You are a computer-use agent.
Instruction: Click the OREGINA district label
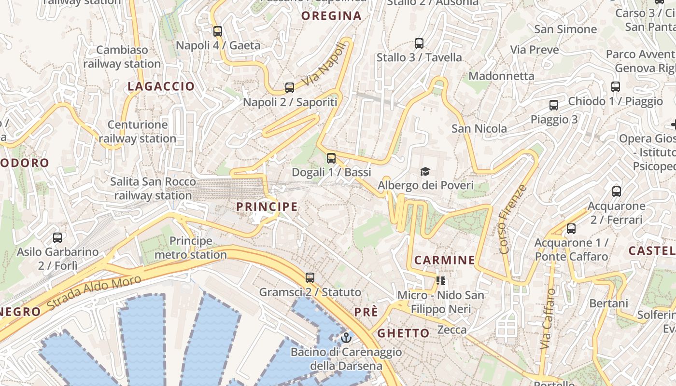(x=331, y=16)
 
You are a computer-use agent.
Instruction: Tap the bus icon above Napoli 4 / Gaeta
(x=218, y=31)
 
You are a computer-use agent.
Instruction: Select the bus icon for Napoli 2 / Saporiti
(x=290, y=88)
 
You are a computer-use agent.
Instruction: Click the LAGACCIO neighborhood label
(x=161, y=86)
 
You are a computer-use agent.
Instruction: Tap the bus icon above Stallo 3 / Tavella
(x=419, y=43)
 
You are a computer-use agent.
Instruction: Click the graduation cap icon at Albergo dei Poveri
(x=425, y=171)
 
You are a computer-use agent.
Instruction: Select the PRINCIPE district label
(x=267, y=207)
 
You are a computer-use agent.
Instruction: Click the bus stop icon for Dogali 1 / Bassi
(x=331, y=158)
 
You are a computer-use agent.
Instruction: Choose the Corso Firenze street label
(x=511, y=219)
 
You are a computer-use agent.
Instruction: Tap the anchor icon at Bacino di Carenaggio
(x=346, y=338)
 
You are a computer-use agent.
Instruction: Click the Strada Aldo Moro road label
(x=95, y=293)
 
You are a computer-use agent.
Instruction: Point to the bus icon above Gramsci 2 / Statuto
(x=310, y=278)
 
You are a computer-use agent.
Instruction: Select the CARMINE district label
(x=444, y=260)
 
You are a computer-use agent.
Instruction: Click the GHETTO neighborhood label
(x=403, y=333)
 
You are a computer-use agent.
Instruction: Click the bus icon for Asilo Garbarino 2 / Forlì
(x=57, y=238)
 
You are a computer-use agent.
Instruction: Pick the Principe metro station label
(x=191, y=248)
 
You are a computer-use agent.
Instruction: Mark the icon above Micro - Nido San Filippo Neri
(x=440, y=280)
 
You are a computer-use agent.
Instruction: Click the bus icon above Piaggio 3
(x=554, y=105)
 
